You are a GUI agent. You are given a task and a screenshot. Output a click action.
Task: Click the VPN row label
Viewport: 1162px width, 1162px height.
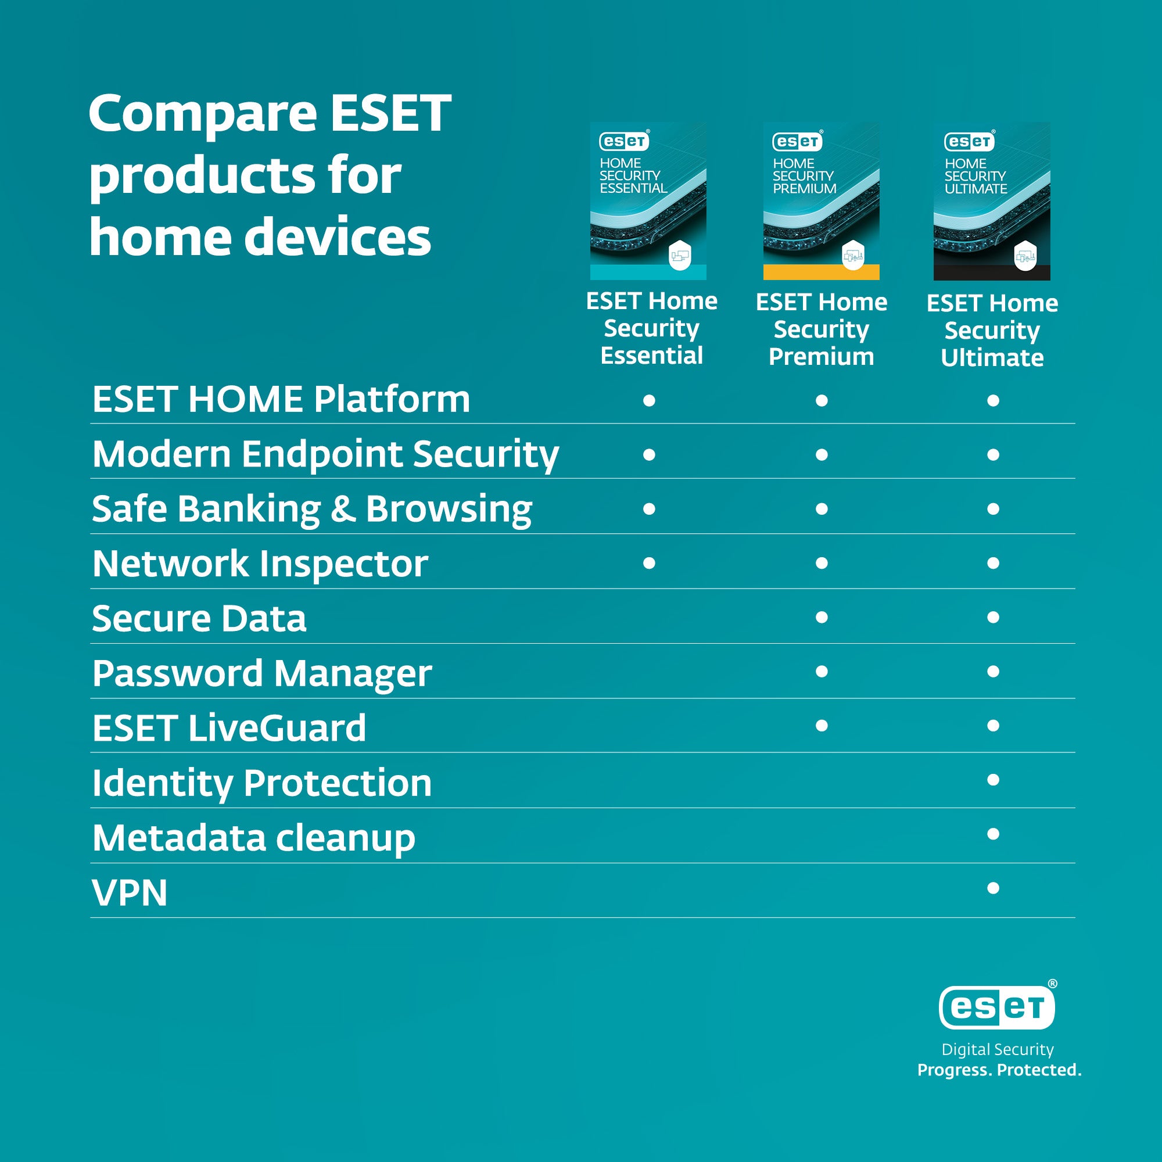130,893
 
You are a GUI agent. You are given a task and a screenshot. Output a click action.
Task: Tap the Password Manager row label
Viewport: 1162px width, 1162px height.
261,673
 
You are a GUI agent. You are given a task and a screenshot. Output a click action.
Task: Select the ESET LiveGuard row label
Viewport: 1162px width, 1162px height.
229,728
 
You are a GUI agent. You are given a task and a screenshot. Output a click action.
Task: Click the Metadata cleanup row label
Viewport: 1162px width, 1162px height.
254,838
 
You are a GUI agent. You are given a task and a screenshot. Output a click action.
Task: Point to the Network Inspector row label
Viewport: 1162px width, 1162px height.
260,564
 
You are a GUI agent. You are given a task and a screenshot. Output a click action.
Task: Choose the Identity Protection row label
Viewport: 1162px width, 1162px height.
261,783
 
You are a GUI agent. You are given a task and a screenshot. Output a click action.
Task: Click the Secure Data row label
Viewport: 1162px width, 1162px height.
199,618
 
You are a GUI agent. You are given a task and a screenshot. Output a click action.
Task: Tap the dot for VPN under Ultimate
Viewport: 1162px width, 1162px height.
993,888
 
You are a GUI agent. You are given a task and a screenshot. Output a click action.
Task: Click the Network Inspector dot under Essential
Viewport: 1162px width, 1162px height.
649,563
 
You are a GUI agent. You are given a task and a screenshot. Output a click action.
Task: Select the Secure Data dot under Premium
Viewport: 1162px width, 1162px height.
822,617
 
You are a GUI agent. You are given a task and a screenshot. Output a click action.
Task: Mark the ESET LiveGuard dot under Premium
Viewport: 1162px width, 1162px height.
822,725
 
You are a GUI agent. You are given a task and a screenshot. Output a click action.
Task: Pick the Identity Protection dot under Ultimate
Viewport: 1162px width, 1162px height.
993,780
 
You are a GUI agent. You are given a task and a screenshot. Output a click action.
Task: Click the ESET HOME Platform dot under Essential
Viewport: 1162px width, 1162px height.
649,400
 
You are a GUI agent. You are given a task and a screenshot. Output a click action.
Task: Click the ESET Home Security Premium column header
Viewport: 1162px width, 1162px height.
822,329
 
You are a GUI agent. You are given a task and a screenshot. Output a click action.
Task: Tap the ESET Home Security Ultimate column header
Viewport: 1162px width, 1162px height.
992,330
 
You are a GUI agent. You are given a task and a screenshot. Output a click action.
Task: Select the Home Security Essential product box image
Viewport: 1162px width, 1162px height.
648,201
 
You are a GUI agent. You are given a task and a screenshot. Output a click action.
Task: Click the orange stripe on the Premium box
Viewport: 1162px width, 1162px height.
821,272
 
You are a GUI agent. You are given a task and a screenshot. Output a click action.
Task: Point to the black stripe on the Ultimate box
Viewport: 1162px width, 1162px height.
992,273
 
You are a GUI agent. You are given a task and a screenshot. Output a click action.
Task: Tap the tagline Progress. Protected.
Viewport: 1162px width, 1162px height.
999,1070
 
